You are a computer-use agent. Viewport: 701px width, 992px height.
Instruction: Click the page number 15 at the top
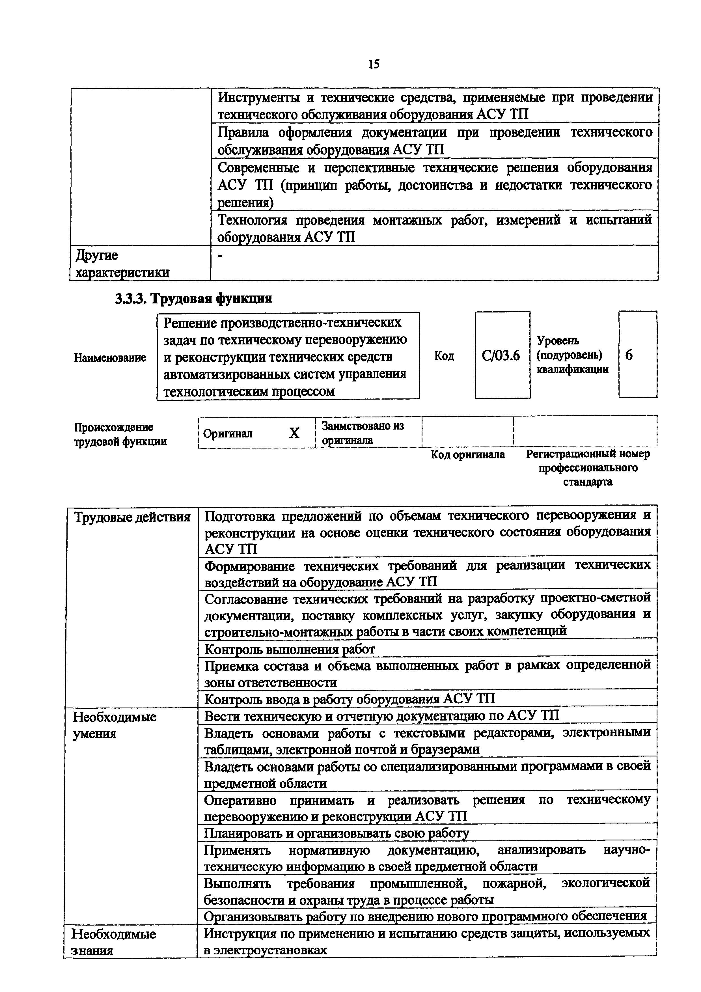pyautogui.click(x=374, y=65)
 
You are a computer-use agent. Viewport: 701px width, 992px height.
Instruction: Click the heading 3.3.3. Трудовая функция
pyautogui.click(x=193, y=299)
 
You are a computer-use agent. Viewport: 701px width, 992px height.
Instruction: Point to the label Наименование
pyautogui.click(x=110, y=358)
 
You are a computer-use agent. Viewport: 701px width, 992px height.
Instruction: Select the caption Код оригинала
pyautogui.click(x=468, y=454)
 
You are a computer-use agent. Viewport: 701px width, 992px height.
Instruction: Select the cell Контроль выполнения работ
pyautogui.click(x=289, y=649)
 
